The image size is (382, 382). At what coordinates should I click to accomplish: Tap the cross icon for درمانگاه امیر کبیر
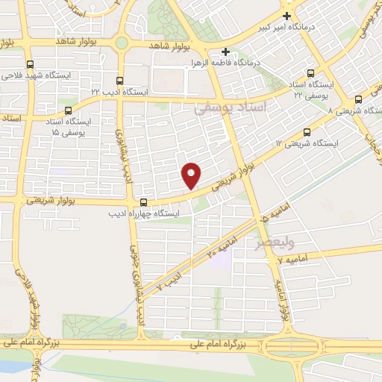(x=286, y=15)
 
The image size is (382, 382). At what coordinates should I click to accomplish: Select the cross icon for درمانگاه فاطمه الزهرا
(x=226, y=51)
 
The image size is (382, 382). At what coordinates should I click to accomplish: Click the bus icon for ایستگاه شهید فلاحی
(x=30, y=64)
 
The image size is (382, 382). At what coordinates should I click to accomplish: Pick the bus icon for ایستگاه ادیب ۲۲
(x=121, y=80)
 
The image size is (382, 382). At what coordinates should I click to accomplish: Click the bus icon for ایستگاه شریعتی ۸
(x=358, y=99)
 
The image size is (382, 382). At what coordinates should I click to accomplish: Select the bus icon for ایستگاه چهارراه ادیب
(x=143, y=203)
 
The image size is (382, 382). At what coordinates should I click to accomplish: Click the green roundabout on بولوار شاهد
(x=122, y=43)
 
